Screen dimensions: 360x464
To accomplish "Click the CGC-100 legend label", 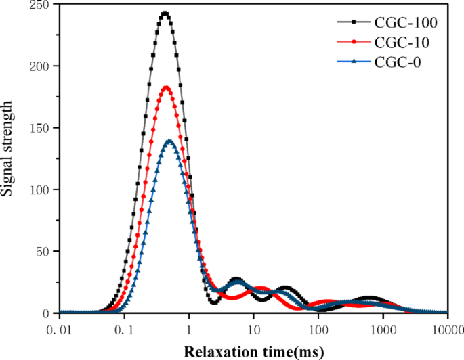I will (404, 23).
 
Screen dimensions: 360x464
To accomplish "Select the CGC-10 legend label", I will (401, 43).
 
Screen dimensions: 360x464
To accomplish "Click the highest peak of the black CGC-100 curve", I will (165, 13).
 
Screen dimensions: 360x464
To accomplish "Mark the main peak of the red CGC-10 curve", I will (166, 87).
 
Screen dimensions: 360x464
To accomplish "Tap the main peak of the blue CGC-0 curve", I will (169, 141).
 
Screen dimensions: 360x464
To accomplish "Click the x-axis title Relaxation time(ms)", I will (253, 351).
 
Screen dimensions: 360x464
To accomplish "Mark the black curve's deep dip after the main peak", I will (214, 302).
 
